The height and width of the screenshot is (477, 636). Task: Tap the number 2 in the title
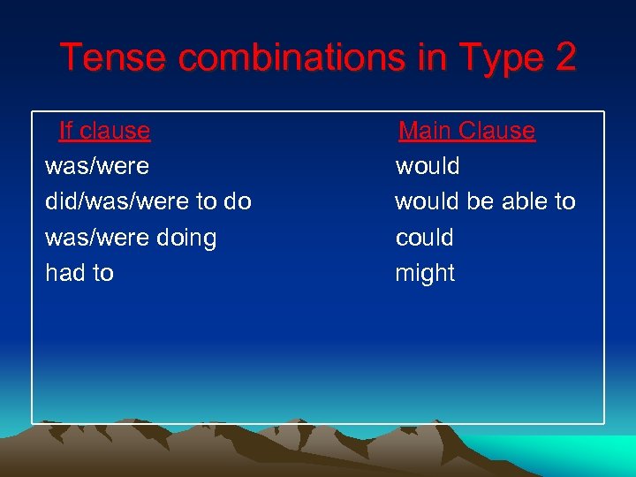pyautogui.click(x=565, y=58)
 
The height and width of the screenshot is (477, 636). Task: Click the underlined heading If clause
pyautogui.click(x=104, y=131)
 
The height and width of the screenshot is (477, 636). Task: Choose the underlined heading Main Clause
pyautogui.click(x=466, y=131)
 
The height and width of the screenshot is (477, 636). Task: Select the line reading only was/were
pyautogui.click(x=97, y=166)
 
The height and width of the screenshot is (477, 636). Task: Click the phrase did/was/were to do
pyautogui.click(x=148, y=201)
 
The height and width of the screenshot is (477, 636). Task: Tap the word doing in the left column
pyautogui.click(x=185, y=238)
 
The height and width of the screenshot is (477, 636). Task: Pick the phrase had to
pyautogui.click(x=79, y=273)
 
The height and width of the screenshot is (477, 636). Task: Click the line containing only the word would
pyautogui.click(x=428, y=166)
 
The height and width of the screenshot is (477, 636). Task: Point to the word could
pyautogui.click(x=424, y=238)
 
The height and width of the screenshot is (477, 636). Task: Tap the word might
pyautogui.click(x=425, y=273)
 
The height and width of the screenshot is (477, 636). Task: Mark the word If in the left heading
pyautogui.click(x=66, y=131)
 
